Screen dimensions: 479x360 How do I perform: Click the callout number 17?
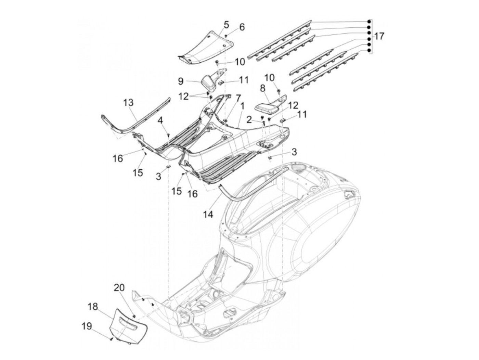pos(379,36)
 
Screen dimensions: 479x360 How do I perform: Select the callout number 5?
pos(226,25)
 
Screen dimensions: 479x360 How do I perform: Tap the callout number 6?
pos(242,27)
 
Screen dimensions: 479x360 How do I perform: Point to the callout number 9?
pos(181,81)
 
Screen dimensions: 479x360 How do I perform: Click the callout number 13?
pos(128,103)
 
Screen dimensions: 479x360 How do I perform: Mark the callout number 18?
pos(92,306)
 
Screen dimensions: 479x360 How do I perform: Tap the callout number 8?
pos(262,88)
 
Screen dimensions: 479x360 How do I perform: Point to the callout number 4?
pos(160,120)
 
